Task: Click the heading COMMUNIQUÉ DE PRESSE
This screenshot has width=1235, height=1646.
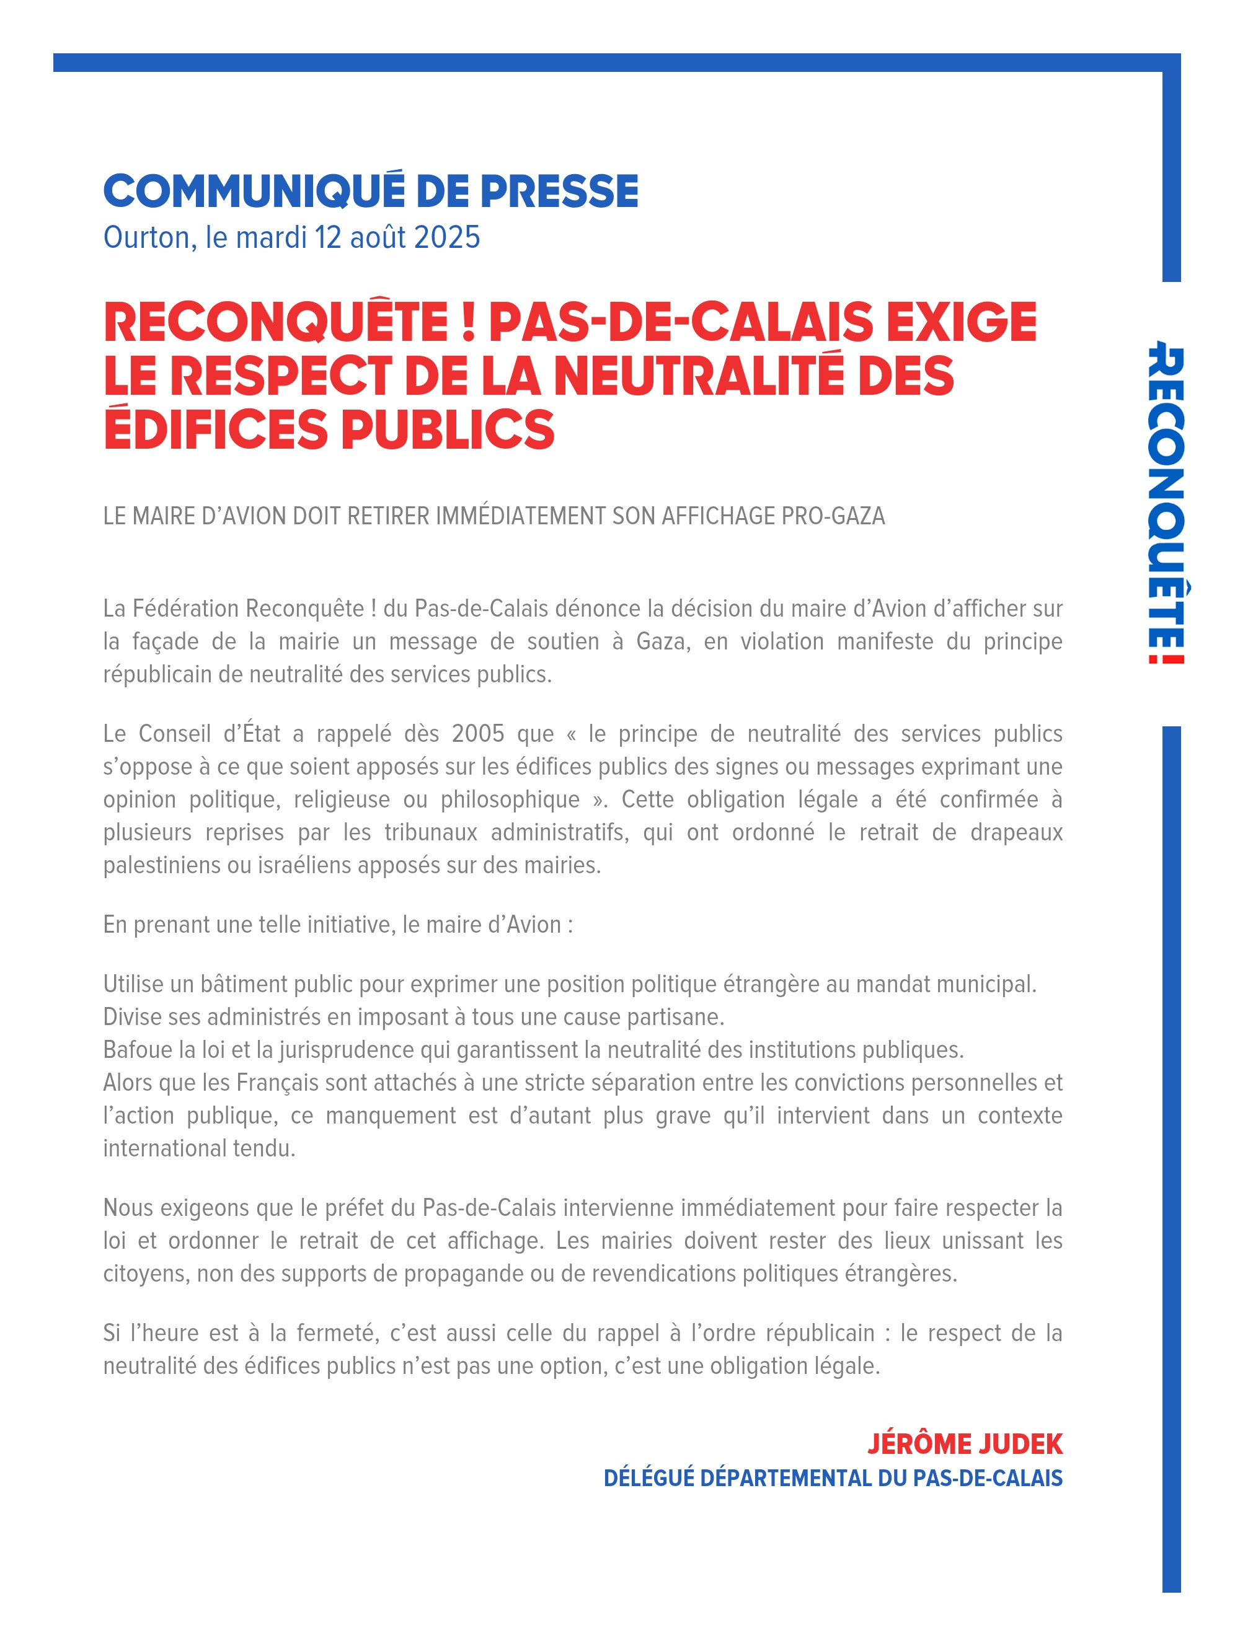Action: tap(370, 191)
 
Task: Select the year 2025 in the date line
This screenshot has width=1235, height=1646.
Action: tap(446, 237)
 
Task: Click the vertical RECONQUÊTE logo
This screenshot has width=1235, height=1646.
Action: tap(1165, 501)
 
